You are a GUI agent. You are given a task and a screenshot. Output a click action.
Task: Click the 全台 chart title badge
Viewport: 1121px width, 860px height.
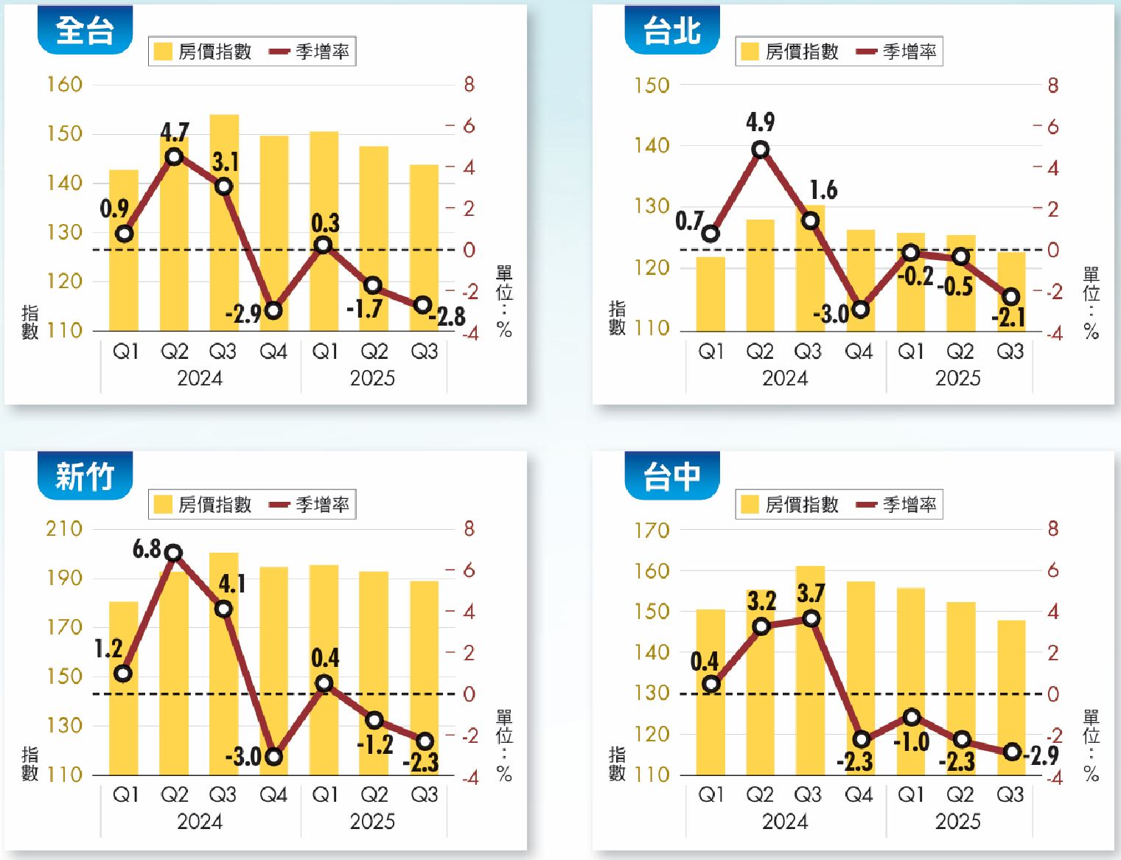(85, 30)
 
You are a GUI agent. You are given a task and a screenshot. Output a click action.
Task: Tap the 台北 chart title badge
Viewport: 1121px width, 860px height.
(671, 30)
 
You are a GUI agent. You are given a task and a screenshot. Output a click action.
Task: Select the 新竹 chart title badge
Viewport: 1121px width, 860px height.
(85, 476)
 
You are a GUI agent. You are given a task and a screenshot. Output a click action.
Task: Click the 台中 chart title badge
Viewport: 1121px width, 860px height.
(671, 476)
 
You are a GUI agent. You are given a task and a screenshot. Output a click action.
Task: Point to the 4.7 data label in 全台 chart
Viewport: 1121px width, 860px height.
(175, 132)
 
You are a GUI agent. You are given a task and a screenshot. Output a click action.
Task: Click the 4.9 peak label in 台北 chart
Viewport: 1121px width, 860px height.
(760, 122)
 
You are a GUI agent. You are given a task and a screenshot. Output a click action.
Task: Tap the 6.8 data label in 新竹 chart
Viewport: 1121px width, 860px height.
(147, 548)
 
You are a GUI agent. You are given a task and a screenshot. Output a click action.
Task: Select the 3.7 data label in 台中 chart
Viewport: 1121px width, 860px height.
(811, 593)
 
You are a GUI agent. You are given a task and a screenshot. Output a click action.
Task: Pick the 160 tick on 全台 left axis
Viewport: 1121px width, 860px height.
(65, 85)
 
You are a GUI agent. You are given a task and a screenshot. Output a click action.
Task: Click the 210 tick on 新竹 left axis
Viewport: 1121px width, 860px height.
(65, 528)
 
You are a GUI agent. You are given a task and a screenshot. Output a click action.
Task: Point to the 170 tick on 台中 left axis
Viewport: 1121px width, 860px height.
(652, 530)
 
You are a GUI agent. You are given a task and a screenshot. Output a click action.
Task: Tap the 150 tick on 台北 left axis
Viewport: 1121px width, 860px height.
(652, 85)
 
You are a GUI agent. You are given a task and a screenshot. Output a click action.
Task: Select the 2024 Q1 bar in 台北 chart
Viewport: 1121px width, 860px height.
(710, 295)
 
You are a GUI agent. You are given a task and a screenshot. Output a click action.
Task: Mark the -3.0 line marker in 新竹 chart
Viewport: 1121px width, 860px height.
(273, 756)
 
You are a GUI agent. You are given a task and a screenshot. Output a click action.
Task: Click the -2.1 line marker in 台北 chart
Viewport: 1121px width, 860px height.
(1011, 297)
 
